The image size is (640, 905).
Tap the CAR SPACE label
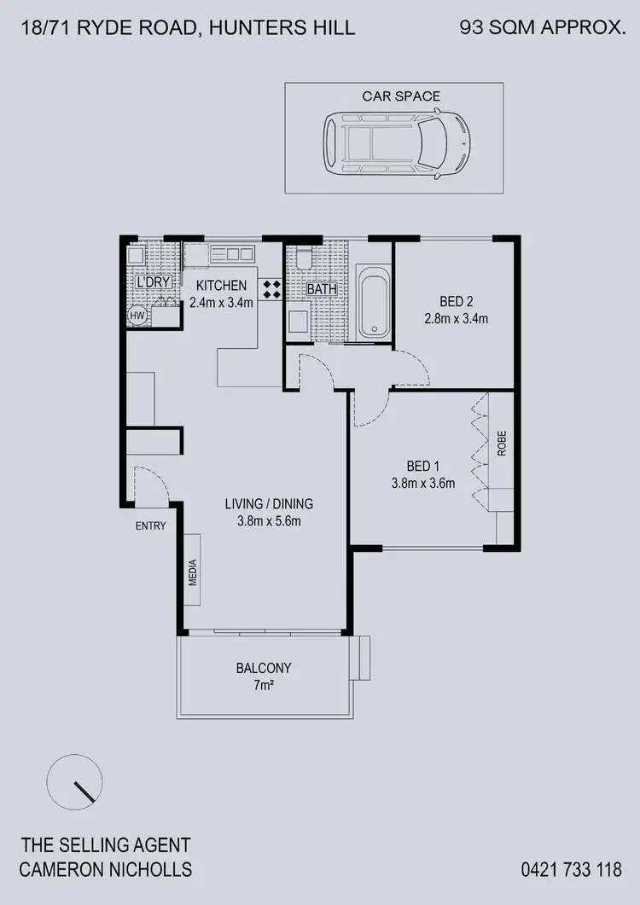(x=401, y=96)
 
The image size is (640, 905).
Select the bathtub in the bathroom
(x=373, y=303)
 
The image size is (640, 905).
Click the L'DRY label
(x=153, y=282)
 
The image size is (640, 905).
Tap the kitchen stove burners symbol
(x=272, y=289)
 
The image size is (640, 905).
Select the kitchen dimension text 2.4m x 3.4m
(x=221, y=302)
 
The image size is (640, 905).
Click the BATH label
(x=322, y=289)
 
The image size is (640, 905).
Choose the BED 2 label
(x=456, y=301)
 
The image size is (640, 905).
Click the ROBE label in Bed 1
(x=502, y=444)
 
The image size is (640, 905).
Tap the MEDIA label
(x=193, y=573)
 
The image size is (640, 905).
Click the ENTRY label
(x=151, y=526)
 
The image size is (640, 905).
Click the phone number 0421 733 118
(x=571, y=870)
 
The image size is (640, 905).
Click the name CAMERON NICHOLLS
(x=107, y=870)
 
